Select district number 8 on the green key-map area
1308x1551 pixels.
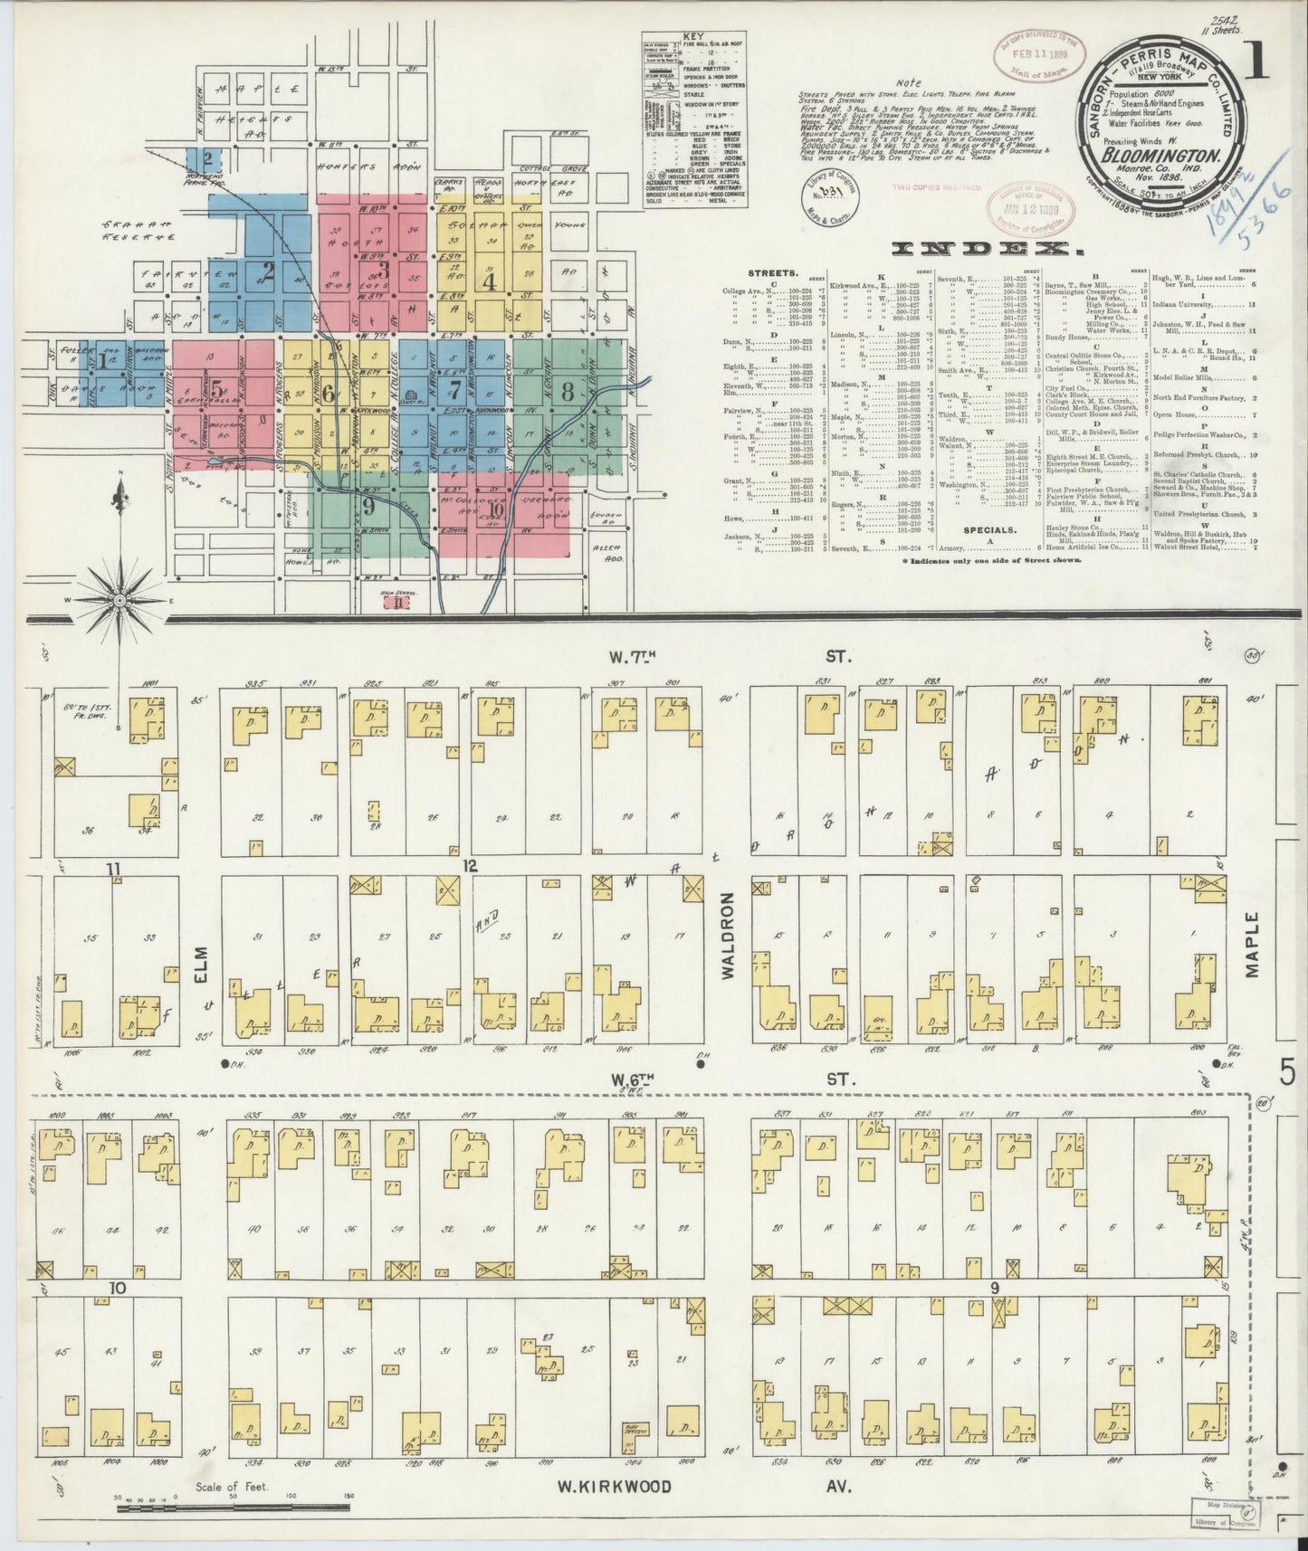point(568,393)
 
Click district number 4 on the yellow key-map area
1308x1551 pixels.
point(490,281)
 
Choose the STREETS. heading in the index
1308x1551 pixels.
point(772,271)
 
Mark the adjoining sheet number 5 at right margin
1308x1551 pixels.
point(1286,1074)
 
